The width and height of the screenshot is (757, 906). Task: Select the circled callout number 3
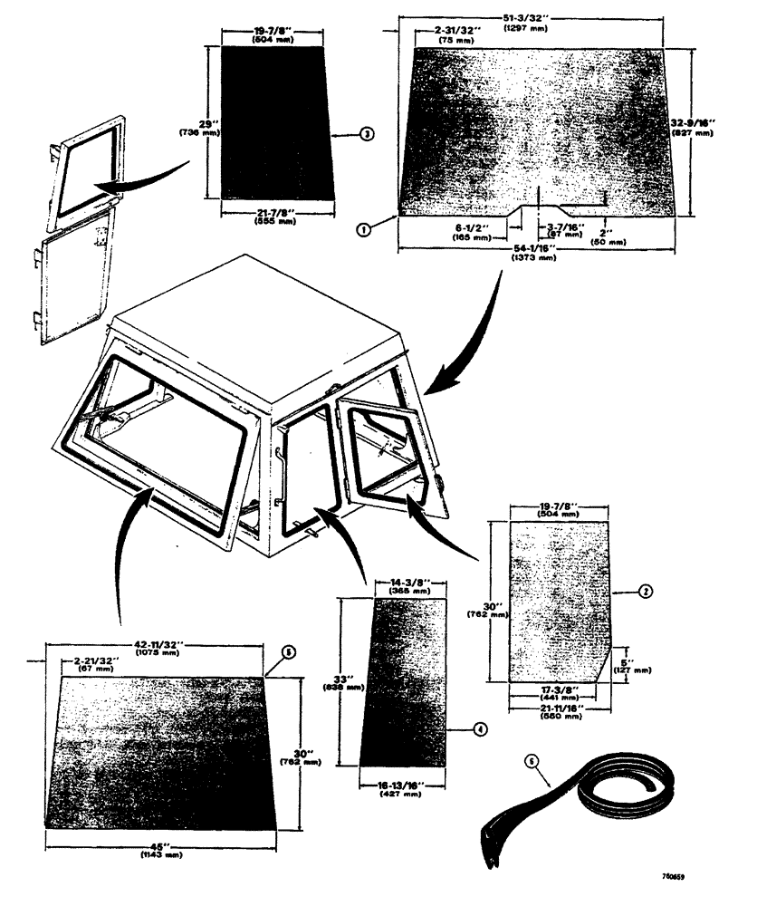365,133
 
